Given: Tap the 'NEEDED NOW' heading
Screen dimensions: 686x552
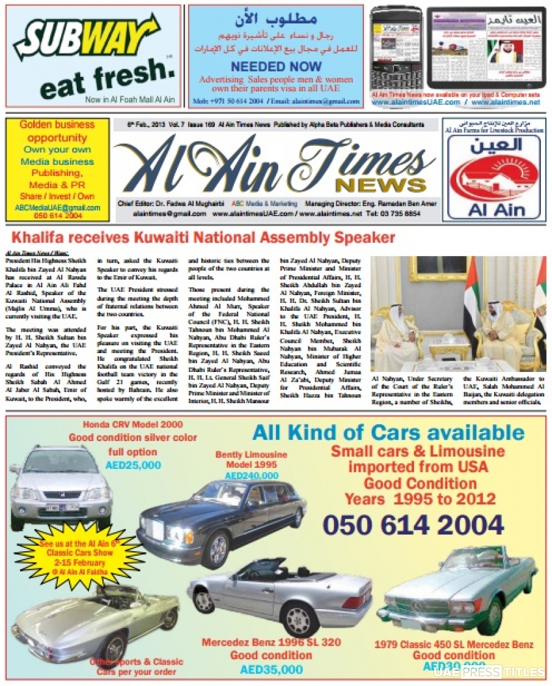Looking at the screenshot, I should tap(276, 66).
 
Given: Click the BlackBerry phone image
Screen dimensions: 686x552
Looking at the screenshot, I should tap(395, 51).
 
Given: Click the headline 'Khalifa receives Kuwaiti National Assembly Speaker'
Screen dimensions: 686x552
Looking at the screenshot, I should tap(203, 237).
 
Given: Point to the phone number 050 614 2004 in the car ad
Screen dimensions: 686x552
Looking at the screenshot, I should tap(413, 524).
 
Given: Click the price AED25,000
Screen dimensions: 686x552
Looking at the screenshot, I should tap(133, 465).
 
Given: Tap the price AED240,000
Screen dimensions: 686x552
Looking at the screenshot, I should tap(251, 476).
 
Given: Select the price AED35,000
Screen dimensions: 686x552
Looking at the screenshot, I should tap(271, 669).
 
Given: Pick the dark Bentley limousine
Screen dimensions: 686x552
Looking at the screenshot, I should tap(221, 521).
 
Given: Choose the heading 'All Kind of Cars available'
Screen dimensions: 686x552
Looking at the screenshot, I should tap(388, 432).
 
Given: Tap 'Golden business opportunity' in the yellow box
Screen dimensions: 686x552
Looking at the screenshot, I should tap(57, 131).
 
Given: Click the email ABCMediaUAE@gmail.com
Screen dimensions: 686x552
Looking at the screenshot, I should tap(57, 208).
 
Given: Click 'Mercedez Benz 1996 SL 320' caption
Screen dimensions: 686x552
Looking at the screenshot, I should tap(271, 642).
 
